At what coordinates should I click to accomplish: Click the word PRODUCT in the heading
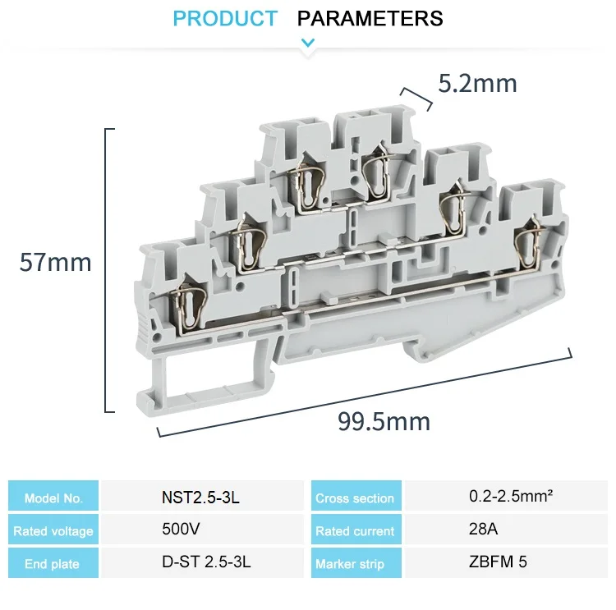click(225, 18)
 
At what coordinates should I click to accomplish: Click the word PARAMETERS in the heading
click(370, 18)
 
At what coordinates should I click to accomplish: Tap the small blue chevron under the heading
click(308, 43)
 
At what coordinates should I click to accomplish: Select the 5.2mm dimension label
click(477, 83)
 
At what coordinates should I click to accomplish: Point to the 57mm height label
click(55, 262)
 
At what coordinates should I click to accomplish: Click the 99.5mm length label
click(384, 421)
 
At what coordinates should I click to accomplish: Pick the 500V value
click(181, 529)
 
